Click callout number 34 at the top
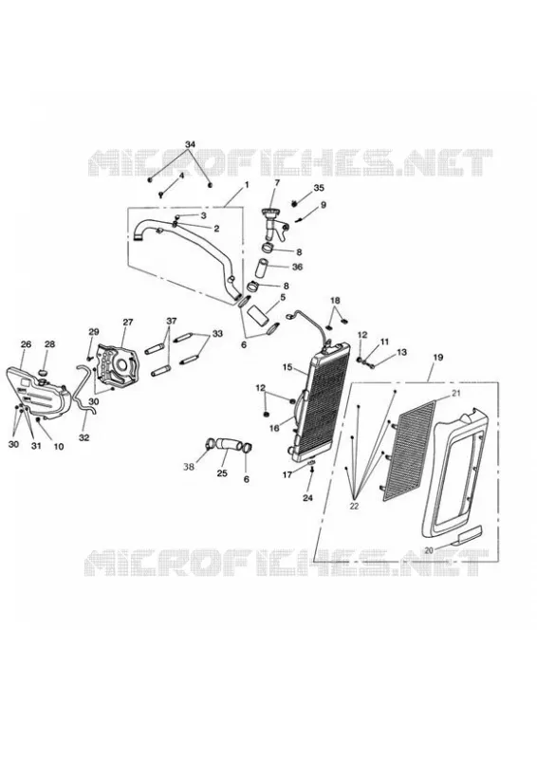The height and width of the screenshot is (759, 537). pyautogui.click(x=191, y=144)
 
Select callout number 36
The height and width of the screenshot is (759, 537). pyautogui.click(x=297, y=267)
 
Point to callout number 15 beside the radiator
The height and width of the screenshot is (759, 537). pyautogui.click(x=287, y=367)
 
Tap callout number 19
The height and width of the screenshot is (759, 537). pyautogui.click(x=437, y=359)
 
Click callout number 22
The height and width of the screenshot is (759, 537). pyautogui.click(x=354, y=506)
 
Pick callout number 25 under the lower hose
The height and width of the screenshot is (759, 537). pyautogui.click(x=222, y=472)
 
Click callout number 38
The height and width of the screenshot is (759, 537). pyautogui.click(x=189, y=467)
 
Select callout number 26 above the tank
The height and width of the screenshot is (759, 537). pyautogui.click(x=27, y=344)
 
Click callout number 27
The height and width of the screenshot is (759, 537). pyautogui.click(x=127, y=322)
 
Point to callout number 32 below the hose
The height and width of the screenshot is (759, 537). pyautogui.click(x=83, y=437)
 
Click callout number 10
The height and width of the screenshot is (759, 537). pyautogui.click(x=59, y=447)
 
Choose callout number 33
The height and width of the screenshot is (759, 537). pyautogui.click(x=217, y=334)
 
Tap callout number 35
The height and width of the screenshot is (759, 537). pyautogui.click(x=319, y=188)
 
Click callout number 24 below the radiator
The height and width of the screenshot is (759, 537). pyautogui.click(x=308, y=497)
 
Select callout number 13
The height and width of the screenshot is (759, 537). pyautogui.click(x=401, y=352)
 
